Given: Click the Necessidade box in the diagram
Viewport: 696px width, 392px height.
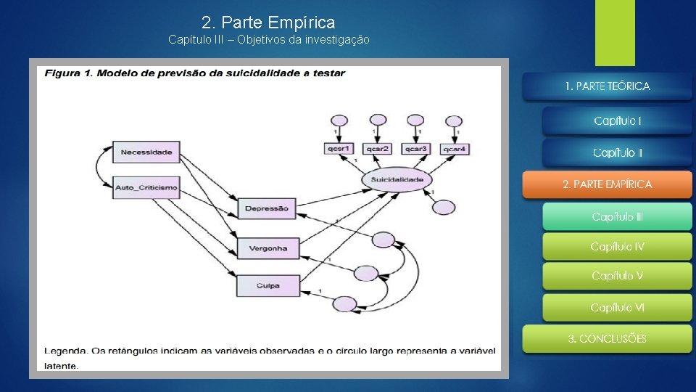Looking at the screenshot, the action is pos(146,152).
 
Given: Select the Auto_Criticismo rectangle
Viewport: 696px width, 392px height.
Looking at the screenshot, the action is pos(146,188).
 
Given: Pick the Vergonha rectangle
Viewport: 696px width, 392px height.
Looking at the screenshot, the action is pos(268,248).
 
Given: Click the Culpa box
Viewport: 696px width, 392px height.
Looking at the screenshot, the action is pos(268,285).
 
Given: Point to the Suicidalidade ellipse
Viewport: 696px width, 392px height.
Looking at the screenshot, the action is pos(397,179).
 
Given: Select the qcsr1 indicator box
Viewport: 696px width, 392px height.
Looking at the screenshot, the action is pos(338,149).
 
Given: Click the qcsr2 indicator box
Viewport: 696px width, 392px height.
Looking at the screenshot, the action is pos(377,149).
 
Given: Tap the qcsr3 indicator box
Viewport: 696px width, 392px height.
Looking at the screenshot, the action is pos(415,149).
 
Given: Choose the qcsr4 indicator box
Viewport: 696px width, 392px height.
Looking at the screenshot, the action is pos(454,149).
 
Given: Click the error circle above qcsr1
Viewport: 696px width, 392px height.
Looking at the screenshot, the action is pos(338,121).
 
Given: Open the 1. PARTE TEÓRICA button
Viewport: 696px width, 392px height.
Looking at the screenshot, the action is pos(608,86).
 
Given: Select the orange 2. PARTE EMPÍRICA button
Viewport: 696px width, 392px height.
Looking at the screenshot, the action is pos(608,184).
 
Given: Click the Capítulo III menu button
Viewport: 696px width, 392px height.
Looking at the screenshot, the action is pos(617,217).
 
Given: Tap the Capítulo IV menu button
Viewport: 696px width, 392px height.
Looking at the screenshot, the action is pos(617,247).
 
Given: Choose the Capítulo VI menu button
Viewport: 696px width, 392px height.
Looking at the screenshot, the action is pos(617,308).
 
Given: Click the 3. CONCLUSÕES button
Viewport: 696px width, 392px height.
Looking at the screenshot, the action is pos(608,339).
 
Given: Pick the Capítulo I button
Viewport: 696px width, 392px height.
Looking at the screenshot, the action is pos(617,121).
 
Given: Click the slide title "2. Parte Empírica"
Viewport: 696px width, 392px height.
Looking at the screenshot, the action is pos(268,23).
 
